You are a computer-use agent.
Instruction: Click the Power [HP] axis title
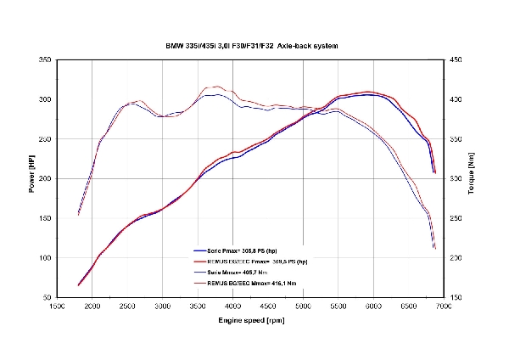[31, 178]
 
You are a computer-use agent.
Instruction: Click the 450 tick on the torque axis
[456, 60]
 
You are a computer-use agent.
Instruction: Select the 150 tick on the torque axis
[456, 298]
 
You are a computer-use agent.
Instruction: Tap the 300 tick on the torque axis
[456, 179]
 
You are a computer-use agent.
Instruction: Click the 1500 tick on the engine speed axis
[57, 307]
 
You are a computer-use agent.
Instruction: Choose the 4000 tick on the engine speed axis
[232, 307]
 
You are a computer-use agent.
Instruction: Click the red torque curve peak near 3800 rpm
[217, 86]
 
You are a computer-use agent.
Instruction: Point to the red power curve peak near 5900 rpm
[366, 91]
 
